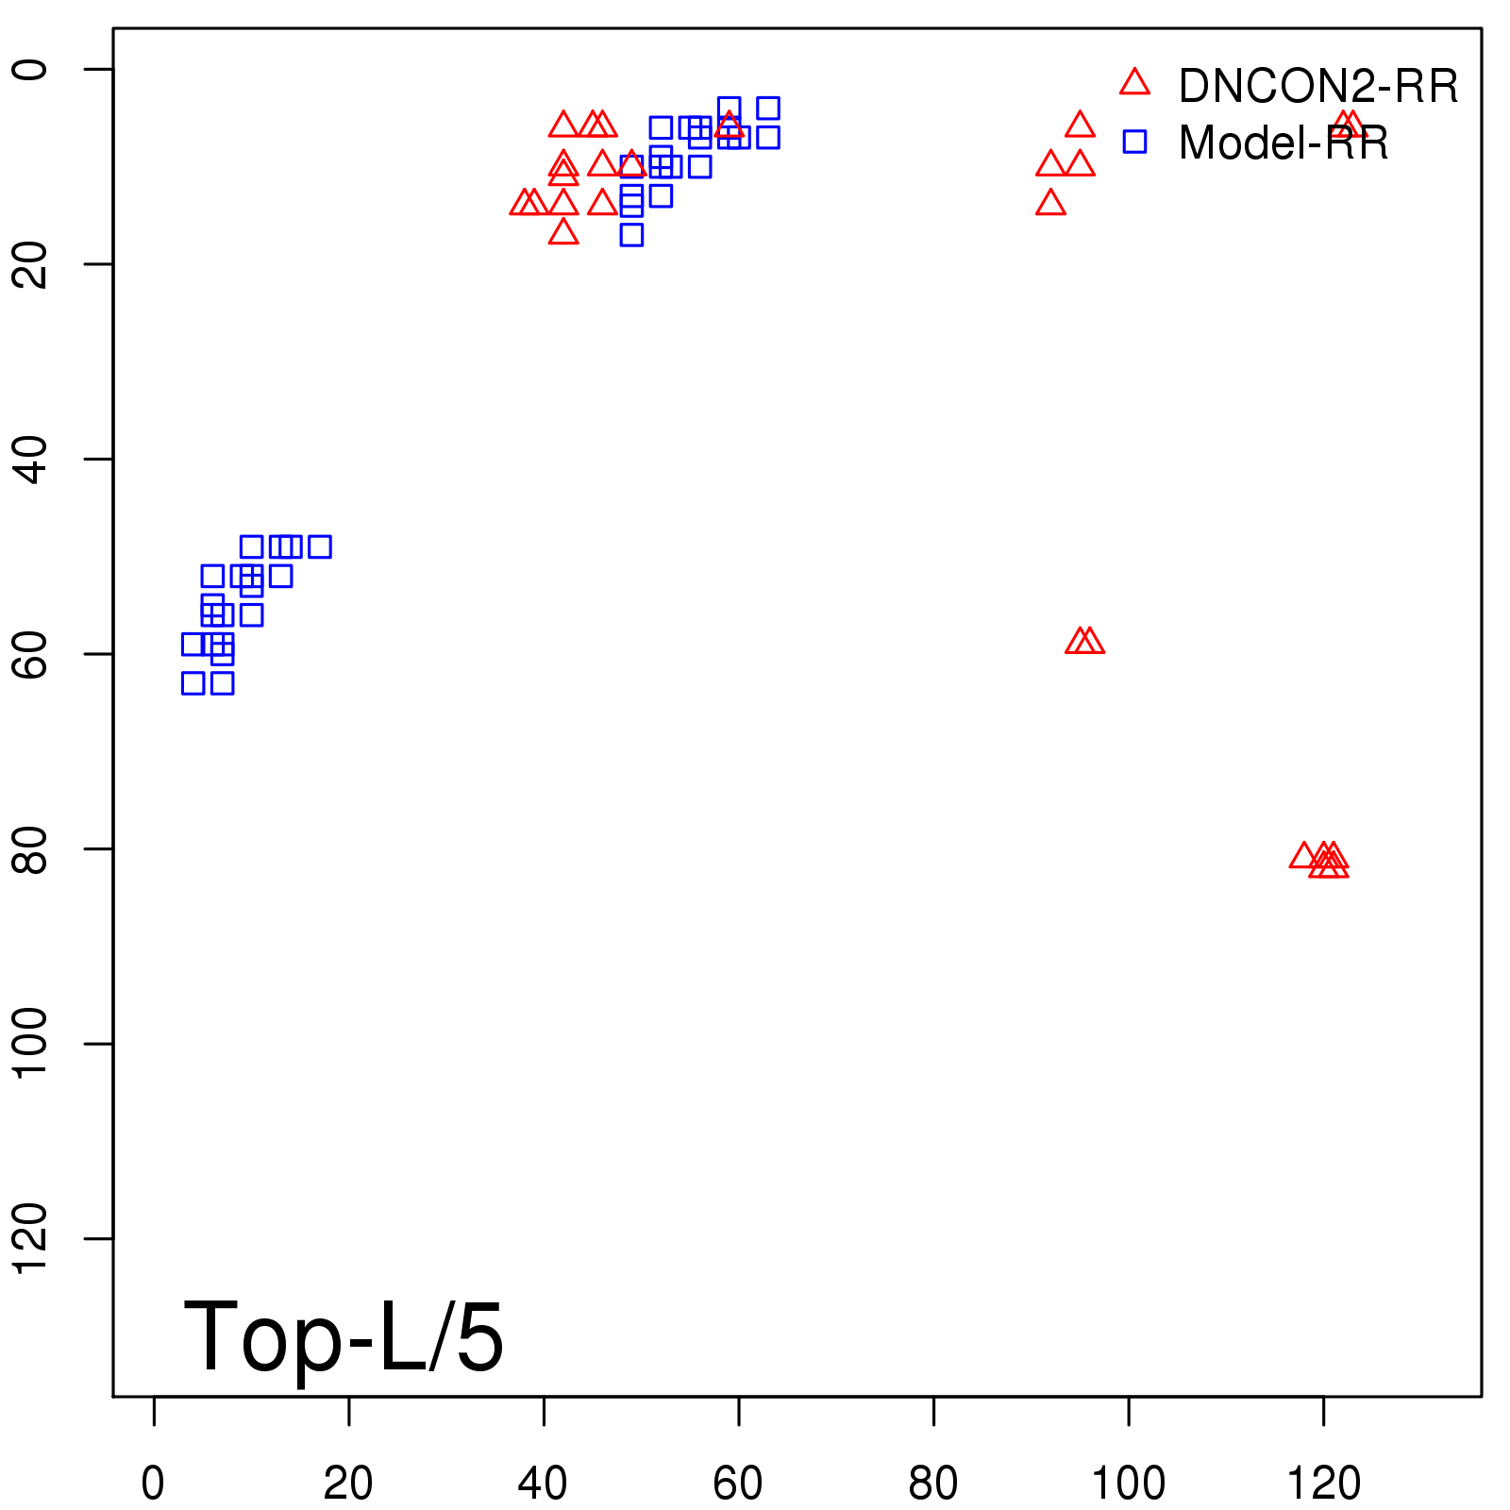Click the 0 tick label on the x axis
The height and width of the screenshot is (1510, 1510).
(153, 1484)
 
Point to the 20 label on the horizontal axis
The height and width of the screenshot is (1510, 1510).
(348, 1484)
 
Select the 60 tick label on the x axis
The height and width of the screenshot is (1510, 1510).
(738, 1484)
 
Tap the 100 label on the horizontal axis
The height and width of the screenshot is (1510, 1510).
(1128, 1484)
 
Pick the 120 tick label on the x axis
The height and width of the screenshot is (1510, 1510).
(1323, 1484)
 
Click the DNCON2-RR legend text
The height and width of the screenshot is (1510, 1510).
(1318, 87)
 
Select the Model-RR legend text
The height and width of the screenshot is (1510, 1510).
(1283, 143)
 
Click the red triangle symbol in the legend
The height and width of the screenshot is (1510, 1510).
(1134, 83)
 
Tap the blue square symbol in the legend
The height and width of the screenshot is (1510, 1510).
(1134, 142)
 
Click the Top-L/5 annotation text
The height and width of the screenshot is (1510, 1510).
(344, 1336)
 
